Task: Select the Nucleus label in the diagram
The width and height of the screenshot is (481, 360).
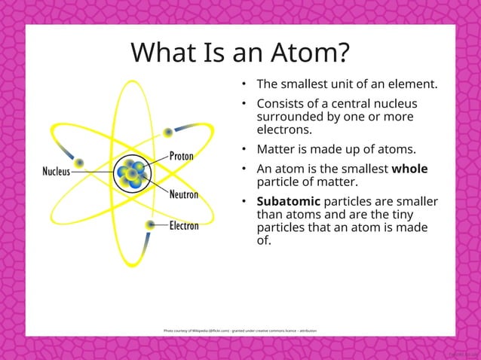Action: [55, 171]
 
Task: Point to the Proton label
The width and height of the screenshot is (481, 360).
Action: [181, 156]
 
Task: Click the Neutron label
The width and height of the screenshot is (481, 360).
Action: [183, 194]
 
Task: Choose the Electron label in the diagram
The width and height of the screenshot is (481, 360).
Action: [184, 225]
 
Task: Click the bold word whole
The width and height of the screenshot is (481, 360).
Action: [409, 169]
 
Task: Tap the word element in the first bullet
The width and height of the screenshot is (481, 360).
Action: [411, 84]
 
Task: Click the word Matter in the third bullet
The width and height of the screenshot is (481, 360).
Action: [276, 149]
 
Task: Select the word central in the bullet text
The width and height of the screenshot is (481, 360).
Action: [350, 103]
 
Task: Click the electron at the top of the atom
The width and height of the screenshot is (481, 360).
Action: [168, 133]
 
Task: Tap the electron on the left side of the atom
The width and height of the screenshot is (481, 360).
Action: [78, 163]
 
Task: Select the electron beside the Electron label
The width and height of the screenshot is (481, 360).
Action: [151, 224]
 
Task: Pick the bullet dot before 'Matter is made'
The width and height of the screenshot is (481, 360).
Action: [244, 149]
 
